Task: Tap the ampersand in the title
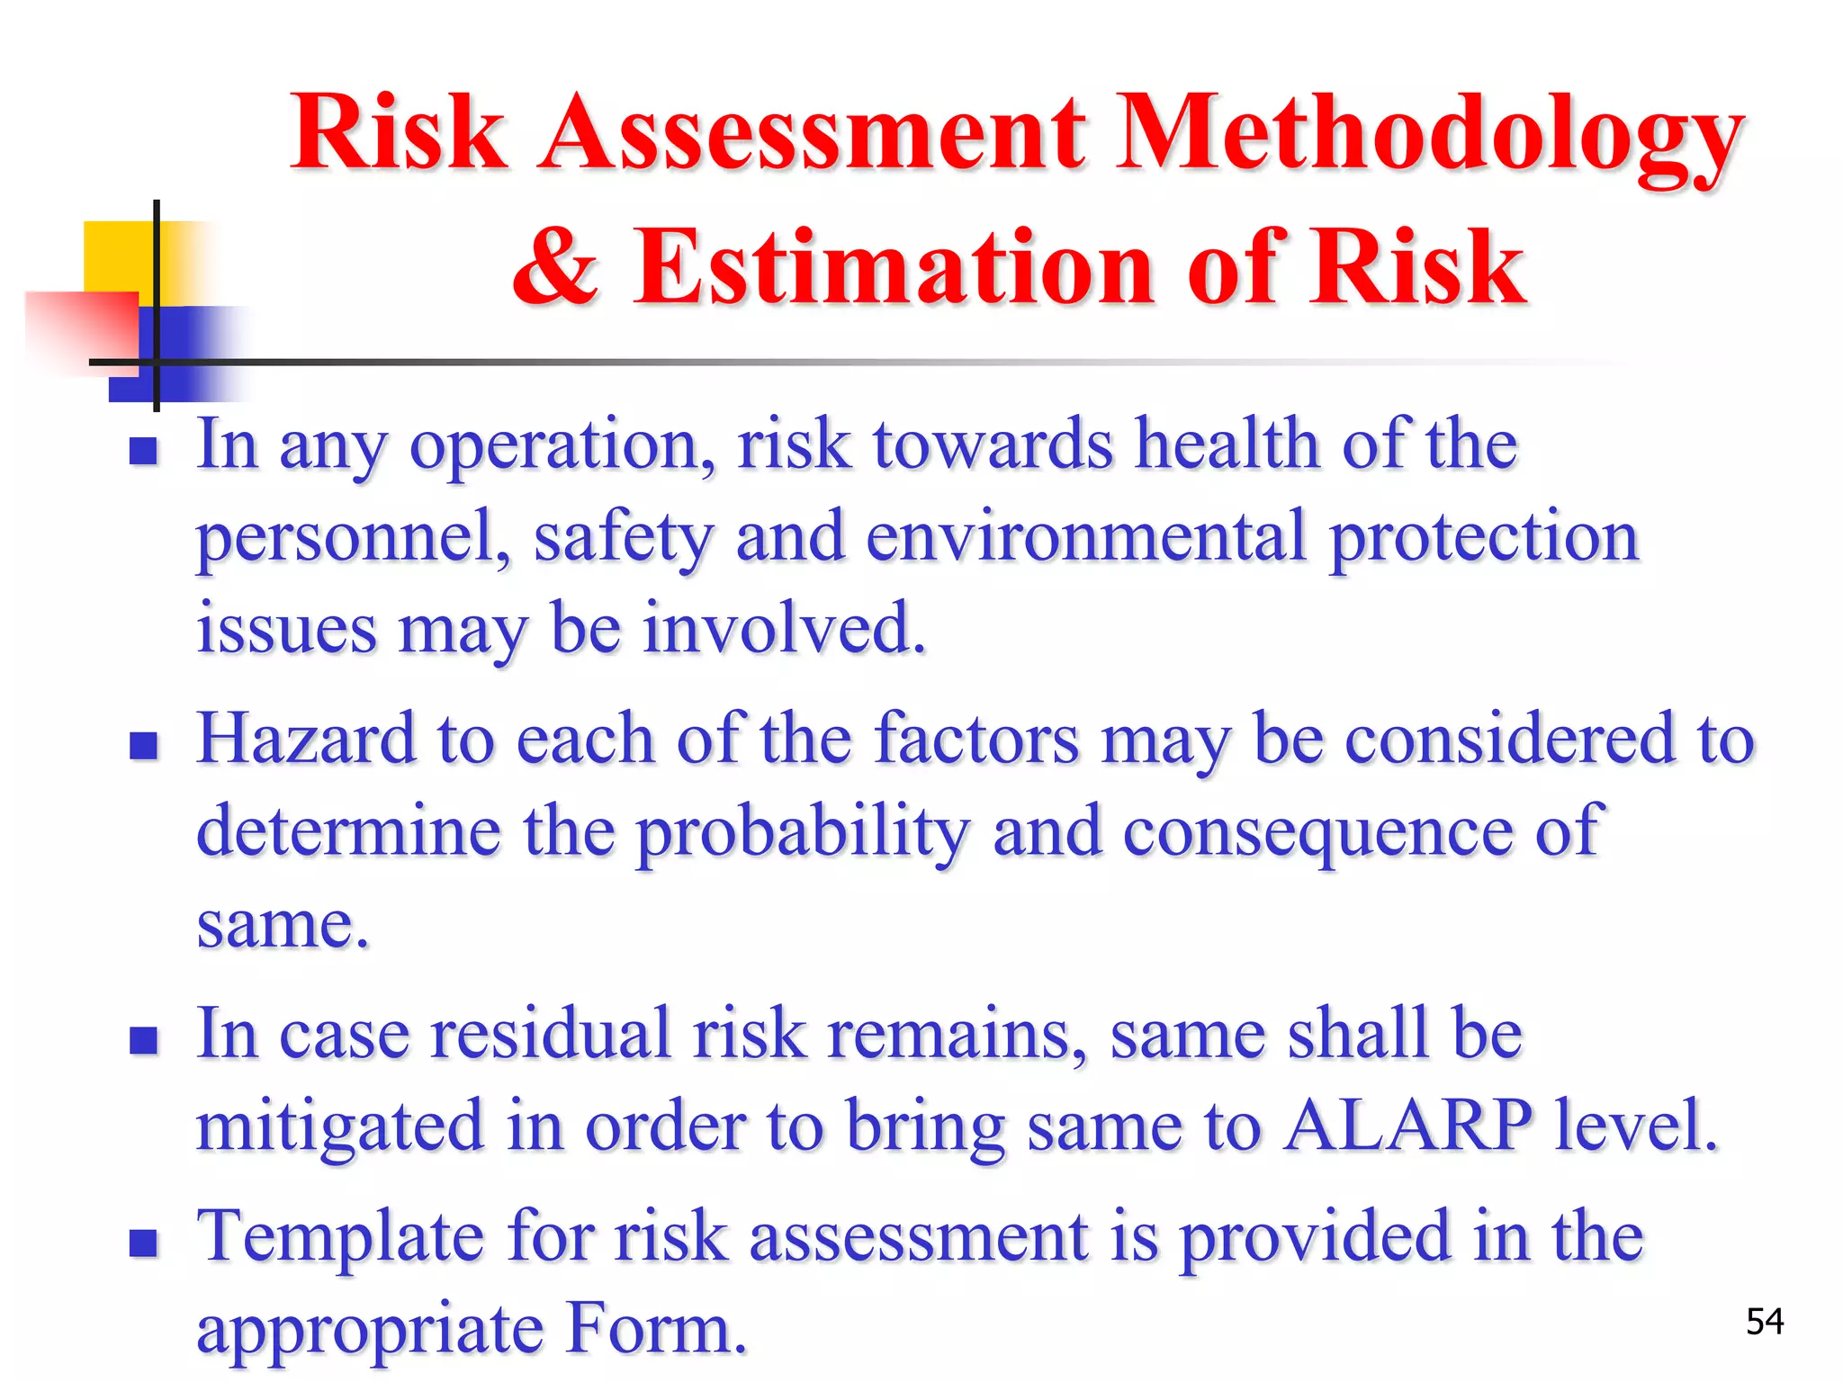pos(555,266)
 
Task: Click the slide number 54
pos(1764,1322)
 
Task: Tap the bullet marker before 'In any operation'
pos(143,450)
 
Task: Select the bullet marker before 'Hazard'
pos(143,745)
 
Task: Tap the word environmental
pos(1085,538)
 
